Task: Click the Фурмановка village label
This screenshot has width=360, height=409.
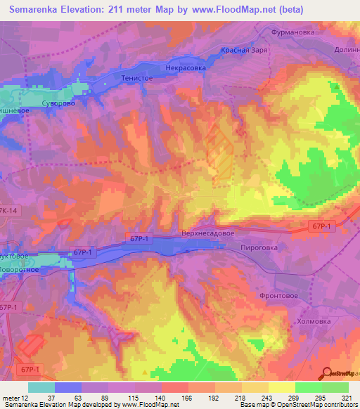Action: click(x=296, y=32)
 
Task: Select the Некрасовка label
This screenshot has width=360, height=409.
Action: click(x=186, y=68)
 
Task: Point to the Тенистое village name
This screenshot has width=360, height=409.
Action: click(x=136, y=77)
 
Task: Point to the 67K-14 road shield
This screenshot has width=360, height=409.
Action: click(x=9, y=211)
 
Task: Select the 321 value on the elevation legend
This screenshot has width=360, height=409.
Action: click(x=347, y=397)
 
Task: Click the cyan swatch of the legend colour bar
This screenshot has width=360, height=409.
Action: click(x=41, y=387)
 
